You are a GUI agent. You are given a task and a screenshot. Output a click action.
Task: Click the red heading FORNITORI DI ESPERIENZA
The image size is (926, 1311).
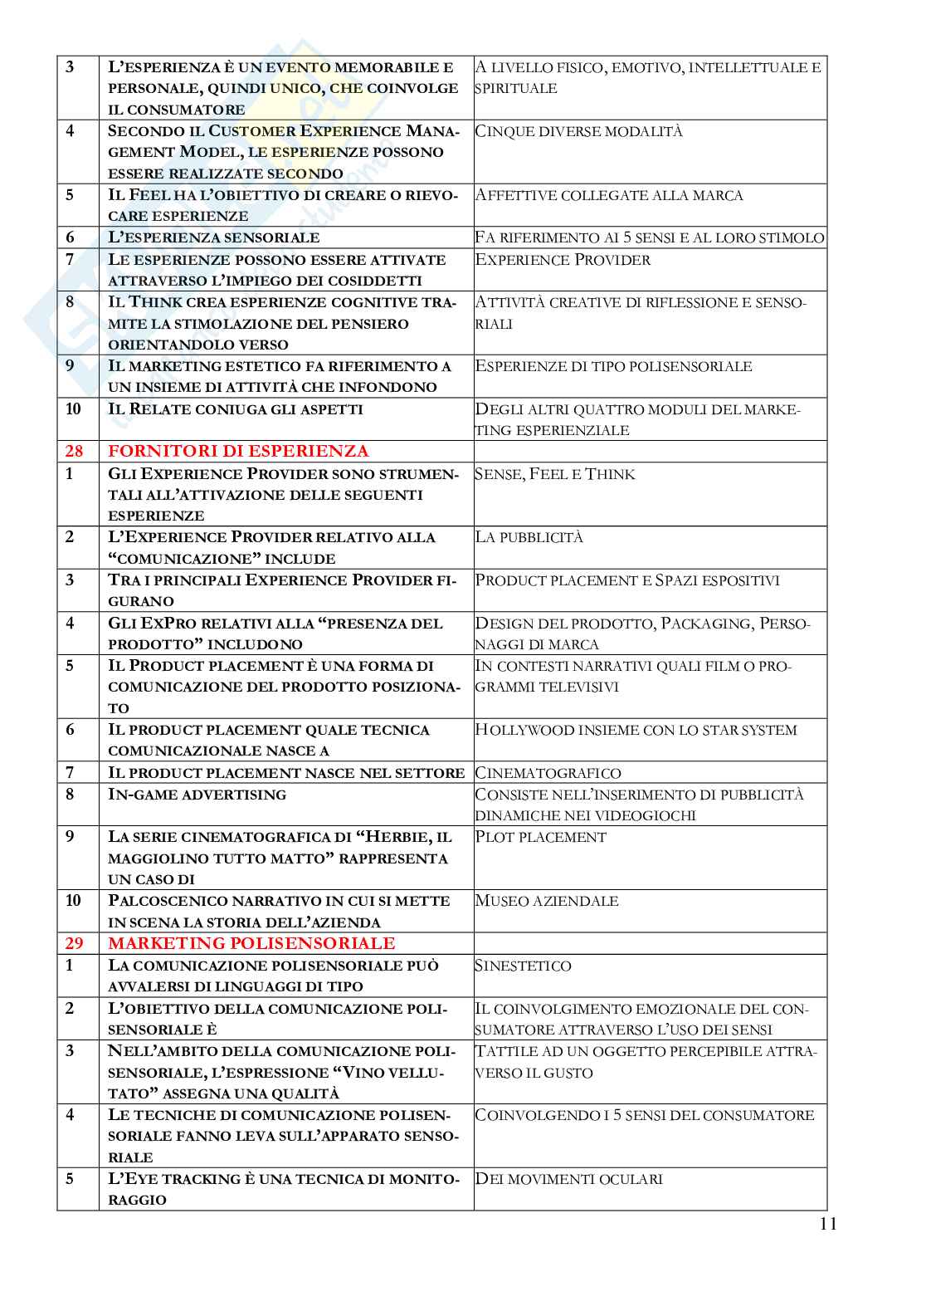coord(238,452)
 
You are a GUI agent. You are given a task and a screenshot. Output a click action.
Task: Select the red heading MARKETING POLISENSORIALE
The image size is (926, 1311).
coord(251,943)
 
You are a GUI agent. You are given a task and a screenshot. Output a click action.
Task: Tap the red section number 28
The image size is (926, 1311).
coord(74,452)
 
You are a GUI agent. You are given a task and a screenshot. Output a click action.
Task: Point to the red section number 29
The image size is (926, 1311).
coord(74,943)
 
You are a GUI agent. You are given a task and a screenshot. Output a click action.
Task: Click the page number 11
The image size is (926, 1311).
coord(827,1223)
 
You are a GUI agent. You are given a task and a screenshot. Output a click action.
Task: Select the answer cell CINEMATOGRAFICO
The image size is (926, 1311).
coord(548,773)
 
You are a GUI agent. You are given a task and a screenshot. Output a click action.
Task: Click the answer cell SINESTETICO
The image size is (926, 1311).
coord(524,966)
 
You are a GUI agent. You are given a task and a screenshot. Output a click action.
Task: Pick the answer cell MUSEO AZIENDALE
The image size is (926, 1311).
coord(547,901)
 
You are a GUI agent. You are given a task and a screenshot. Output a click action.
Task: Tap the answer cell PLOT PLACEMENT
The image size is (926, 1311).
coord(540,837)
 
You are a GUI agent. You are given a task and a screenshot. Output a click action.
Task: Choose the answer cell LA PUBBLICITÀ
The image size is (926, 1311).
coord(529,537)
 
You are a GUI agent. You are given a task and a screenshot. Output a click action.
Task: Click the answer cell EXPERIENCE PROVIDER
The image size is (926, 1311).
coord(563,260)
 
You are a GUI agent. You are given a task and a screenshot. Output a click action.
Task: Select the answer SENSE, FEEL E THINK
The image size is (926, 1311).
coord(555,474)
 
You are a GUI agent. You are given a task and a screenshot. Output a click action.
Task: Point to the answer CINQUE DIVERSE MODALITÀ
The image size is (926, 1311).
coord(579,131)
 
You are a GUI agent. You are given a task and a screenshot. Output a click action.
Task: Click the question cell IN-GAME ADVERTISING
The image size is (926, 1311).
coord(197,795)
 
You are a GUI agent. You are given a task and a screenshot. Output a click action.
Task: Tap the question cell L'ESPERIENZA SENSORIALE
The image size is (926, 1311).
coord(214,237)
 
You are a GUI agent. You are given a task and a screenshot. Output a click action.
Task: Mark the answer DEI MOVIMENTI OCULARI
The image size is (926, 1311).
coord(569,1179)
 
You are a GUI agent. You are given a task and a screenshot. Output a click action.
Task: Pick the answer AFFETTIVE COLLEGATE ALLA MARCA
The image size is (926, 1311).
coord(609,195)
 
